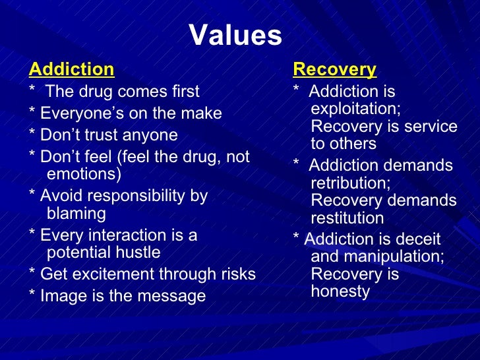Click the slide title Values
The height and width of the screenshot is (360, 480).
click(x=235, y=36)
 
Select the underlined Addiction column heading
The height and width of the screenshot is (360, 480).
click(x=72, y=69)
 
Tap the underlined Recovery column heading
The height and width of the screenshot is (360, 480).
click(x=334, y=69)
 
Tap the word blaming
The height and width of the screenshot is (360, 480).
click(x=76, y=213)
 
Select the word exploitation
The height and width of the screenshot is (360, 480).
click(x=355, y=108)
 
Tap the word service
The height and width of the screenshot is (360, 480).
click(x=433, y=126)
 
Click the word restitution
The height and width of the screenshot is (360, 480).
click(x=347, y=218)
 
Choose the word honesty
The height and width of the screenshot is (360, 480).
click(x=340, y=291)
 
